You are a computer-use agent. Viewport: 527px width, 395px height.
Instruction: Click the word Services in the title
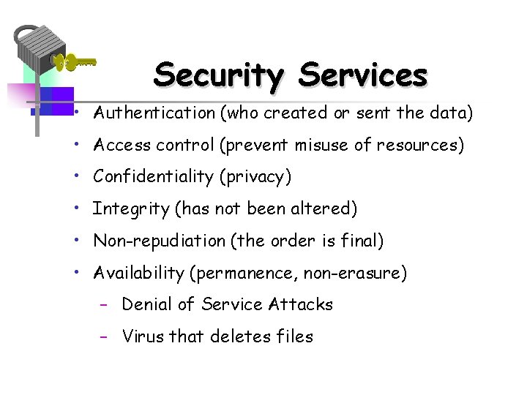click(363, 75)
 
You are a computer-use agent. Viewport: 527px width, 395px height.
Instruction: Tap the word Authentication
click(154, 113)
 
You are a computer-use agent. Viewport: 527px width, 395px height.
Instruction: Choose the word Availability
click(138, 274)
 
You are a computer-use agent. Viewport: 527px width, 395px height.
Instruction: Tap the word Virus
click(143, 336)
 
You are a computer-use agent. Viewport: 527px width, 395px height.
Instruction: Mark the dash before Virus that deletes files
click(105, 336)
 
